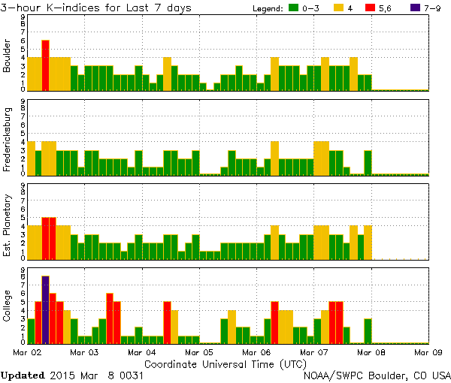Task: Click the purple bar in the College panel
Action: (45, 309)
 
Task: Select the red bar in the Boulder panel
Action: (45, 65)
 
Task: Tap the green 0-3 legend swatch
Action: (293, 8)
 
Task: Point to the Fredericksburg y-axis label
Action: (8, 139)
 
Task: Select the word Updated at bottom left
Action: (23, 374)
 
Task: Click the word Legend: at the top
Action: (265, 8)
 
